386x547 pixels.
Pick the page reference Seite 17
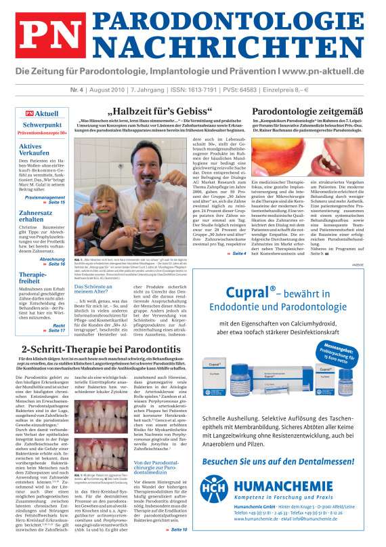(x=57, y=312)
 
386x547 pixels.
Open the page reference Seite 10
(x=179, y=529)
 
